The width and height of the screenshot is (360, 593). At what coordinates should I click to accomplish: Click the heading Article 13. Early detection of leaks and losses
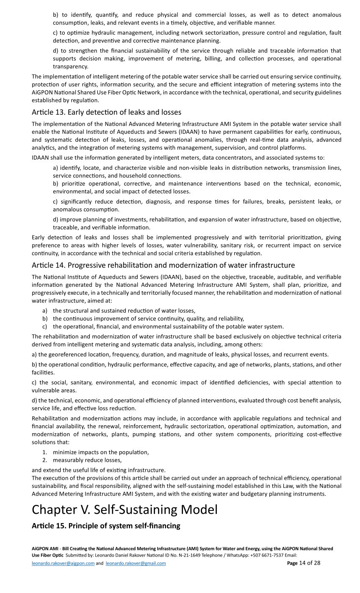tap(106, 112)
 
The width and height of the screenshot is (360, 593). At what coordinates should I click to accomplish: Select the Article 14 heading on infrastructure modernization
tap(163, 265)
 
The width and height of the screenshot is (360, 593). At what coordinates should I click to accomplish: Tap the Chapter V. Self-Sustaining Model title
tap(125, 509)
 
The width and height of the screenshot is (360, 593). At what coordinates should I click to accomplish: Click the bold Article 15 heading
tap(106, 526)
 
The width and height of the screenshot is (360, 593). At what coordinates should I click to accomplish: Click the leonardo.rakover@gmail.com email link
tap(136, 563)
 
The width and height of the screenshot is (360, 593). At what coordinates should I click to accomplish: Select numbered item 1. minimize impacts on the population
tap(100, 452)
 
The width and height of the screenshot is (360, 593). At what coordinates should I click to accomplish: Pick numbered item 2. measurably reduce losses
tap(87, 460)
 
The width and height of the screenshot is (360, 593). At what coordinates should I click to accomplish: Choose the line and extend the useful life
tap(99, 470)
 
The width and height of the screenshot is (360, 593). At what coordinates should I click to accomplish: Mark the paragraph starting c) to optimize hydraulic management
tap(197, 37)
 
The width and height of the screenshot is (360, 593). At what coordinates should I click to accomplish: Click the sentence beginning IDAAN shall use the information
tap(178, 158)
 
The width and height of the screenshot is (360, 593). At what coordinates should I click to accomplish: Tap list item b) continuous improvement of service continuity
tap(148, 319)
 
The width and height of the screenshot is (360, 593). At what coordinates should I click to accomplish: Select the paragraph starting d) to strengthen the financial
tap(197, 58)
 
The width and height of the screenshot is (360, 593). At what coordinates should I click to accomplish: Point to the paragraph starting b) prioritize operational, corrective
tap(197, 187)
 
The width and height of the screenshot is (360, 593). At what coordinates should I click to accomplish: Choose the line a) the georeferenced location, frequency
tap(180, 355)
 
